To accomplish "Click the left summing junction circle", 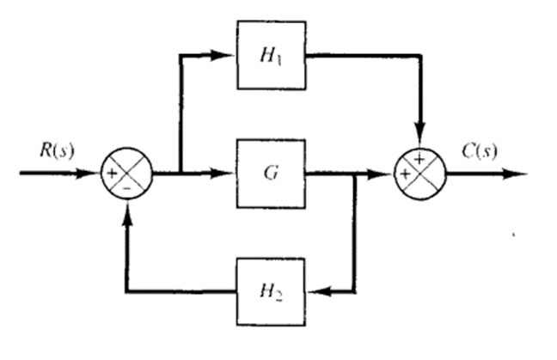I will pyautogui.click(x=127, y=174).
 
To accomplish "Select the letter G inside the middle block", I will pyautogui.click(x=269, y=174).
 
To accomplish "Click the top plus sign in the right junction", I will pyautogui.click(x=420, y=160).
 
